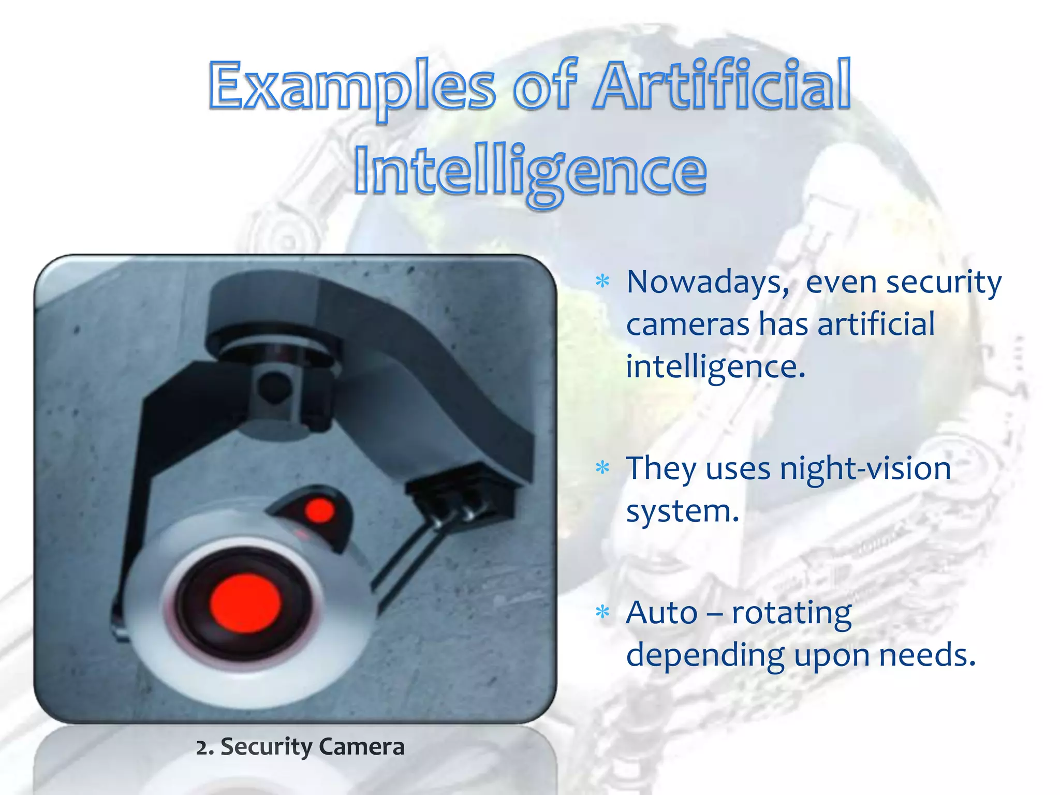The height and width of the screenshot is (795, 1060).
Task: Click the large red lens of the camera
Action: pos(245,603)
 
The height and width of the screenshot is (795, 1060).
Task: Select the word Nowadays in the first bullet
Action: pos(707,284)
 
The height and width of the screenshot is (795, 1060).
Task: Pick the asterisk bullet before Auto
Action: pos(602,612)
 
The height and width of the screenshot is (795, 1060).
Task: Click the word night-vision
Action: pos(865,469)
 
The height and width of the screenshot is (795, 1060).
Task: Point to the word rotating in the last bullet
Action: pos(791,614)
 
